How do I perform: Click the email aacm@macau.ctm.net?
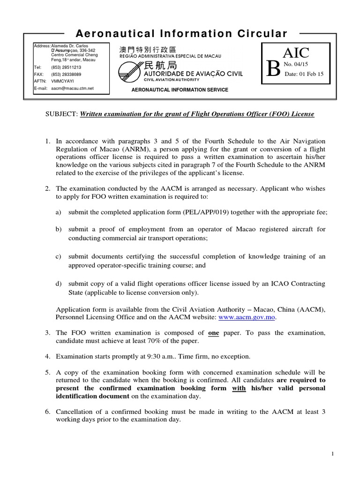tap(72, 88)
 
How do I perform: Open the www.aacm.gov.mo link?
tap(247, 317)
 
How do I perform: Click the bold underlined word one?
tap(213, 332)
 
